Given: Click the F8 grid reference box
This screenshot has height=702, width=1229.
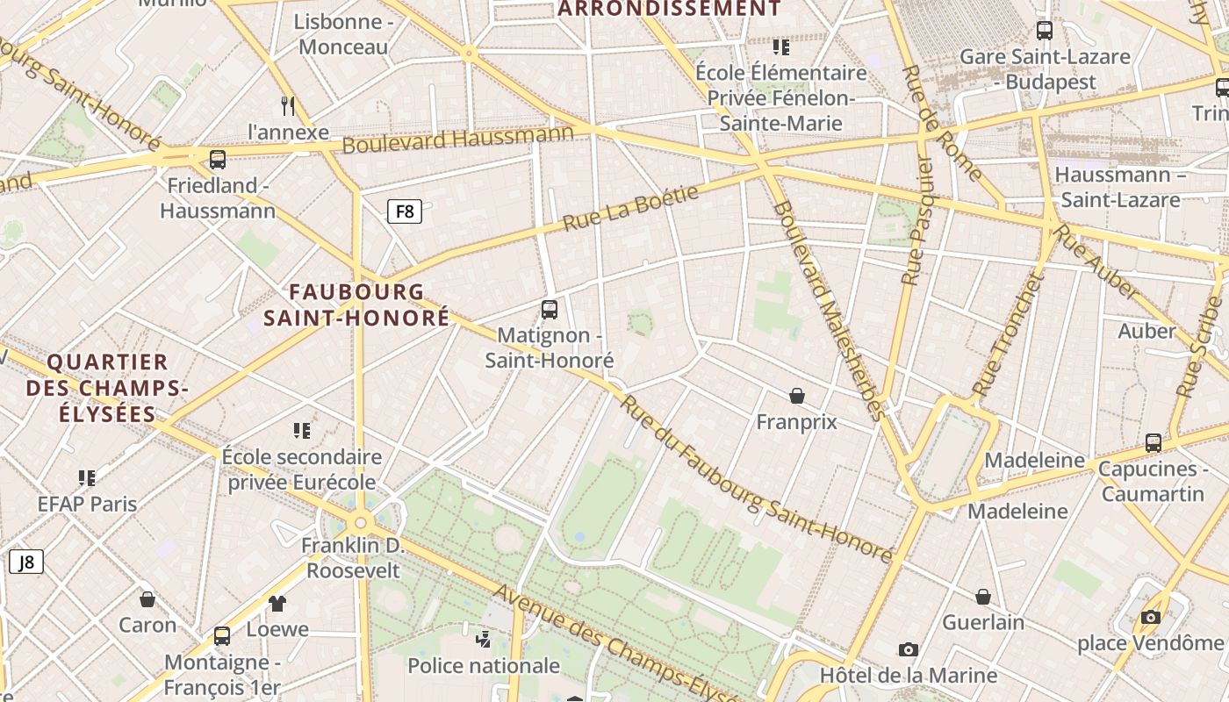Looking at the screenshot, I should click(405, 211).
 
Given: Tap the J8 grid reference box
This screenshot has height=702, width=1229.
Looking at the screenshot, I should click(26, 562).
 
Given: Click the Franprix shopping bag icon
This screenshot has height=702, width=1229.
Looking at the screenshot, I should click(797, 396).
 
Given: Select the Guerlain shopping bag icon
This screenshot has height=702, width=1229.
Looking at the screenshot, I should click(983, 597).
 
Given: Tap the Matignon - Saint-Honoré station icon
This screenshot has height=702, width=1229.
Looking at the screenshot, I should click(550, 309).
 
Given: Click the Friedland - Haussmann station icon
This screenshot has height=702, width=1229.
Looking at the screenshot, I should click(218, 160).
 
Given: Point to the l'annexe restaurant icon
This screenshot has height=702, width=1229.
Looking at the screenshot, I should click(288, 106).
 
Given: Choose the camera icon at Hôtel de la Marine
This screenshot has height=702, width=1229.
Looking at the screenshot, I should click(909, 649).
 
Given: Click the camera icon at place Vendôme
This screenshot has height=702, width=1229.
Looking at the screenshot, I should click(1151, 617).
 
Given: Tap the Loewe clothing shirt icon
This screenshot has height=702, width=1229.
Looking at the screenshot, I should click(277, 603).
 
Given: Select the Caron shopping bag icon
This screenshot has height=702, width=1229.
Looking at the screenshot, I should click(147, 599).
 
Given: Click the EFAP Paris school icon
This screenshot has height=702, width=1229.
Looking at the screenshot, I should click(87, 477).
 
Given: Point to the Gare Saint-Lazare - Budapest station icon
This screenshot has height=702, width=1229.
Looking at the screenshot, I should click(1045, 31).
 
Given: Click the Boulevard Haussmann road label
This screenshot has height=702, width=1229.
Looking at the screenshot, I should click(457, 139).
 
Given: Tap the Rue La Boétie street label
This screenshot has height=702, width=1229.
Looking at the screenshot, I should click(630, 207).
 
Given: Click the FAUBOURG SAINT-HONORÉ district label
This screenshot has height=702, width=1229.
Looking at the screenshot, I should click(356, 304).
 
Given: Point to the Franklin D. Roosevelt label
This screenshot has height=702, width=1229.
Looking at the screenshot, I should click(352, 558).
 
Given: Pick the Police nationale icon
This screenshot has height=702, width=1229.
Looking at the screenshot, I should click(483, 639).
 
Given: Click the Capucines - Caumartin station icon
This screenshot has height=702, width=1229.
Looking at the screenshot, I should click(1154, 443).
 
